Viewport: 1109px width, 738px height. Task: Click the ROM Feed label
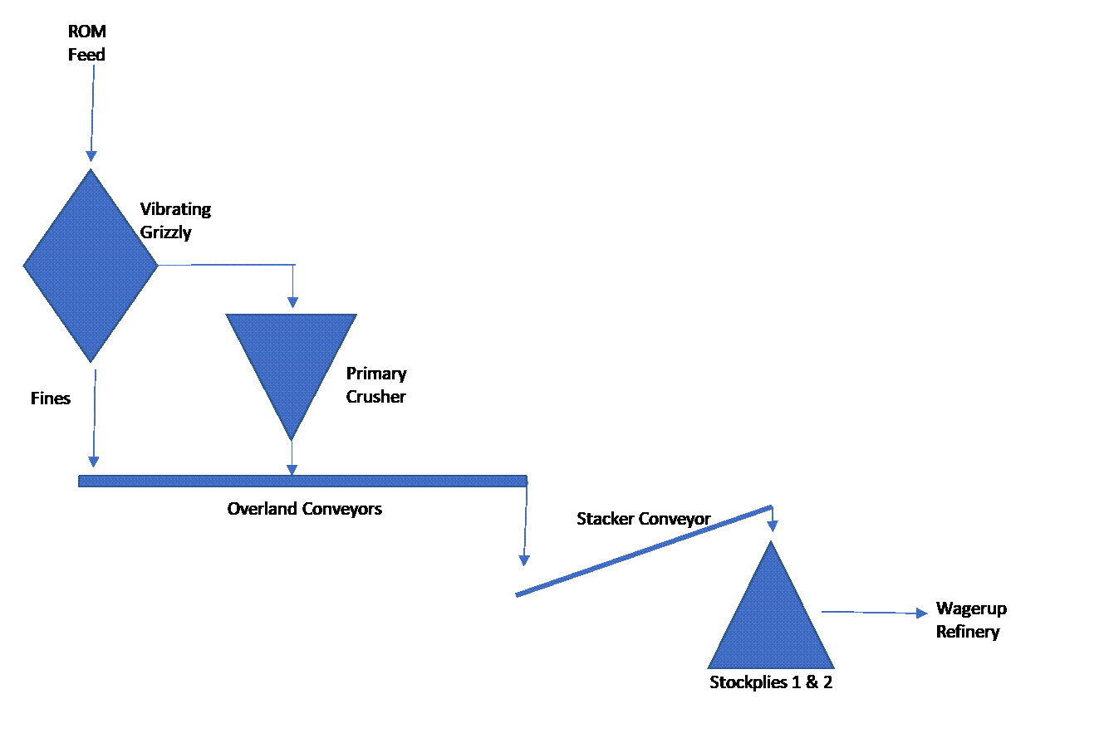click(86, 42)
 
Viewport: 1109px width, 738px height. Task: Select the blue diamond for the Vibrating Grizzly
click(91, 266)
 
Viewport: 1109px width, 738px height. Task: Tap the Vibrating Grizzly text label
click(175, 221)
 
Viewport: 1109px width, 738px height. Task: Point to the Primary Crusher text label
click(376, 385)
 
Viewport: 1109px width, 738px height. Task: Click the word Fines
click(51, 398)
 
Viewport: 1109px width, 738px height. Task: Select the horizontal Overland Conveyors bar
click(302, 481)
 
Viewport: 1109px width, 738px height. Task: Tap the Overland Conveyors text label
click(305, 509)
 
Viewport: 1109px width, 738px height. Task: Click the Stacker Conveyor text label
click(644, 519)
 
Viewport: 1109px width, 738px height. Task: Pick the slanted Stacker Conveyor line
click(644, 550)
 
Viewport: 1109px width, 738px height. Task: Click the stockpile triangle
click(771, 605)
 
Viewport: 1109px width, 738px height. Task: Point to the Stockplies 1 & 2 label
click(771, 682)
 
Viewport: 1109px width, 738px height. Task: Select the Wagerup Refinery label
click(971, 620)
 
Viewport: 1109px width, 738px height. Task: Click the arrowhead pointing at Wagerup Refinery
click(922, 613)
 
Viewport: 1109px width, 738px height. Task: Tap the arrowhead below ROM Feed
click(91, 156)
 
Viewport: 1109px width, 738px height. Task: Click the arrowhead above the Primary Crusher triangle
click(292, 302)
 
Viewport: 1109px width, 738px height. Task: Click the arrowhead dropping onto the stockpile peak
click(773, 526)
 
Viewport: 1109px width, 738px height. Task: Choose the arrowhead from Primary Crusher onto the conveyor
click(292, 470)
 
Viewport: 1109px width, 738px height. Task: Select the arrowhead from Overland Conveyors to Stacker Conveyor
click(524, 560)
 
